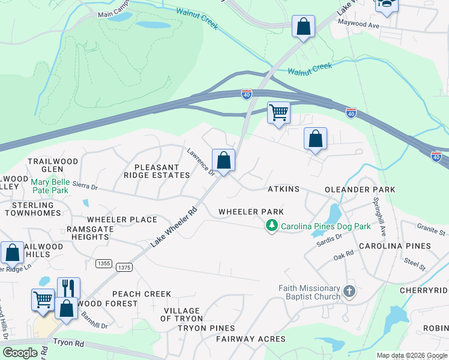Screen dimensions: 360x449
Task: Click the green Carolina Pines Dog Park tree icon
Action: click(x=272, y=226)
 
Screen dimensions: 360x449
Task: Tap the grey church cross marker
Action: click(x=349, y=292)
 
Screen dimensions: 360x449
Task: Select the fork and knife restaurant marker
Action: click(x=68, y=287)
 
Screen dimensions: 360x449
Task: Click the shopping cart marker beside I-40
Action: click(x=279, y=112)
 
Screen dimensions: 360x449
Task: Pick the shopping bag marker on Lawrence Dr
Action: click(x=223, y=160)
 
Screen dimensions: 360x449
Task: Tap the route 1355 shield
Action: click(x=103, y=263)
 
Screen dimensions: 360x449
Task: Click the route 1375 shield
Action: click(x=124, y=268)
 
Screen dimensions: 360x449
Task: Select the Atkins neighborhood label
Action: click(x=283, y=189)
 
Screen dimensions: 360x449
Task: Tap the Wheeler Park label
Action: click(x=251, y=212)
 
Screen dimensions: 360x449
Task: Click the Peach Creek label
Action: click(x=141, y=294)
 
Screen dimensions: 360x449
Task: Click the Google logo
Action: click(x=20, y=353)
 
